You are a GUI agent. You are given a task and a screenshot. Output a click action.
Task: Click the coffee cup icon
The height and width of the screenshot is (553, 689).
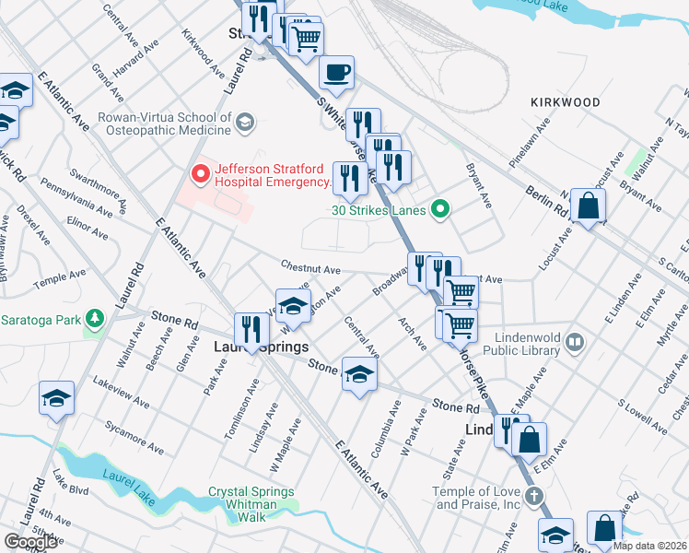pos(336,71)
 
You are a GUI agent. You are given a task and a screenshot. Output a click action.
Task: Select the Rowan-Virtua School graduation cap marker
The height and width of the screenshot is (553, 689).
pos(245,121)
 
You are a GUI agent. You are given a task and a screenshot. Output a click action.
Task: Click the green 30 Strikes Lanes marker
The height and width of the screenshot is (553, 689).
pos(440,210)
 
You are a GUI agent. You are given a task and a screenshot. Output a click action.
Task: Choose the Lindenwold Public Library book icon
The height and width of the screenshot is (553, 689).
pos(575,343)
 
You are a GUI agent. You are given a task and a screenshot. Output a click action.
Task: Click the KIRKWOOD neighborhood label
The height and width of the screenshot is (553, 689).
pos(566,102)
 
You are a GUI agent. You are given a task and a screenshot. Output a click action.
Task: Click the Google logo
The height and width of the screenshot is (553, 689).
pos(30,541)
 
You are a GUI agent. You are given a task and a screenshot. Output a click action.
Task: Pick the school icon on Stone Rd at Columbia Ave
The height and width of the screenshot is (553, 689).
pos(359,372)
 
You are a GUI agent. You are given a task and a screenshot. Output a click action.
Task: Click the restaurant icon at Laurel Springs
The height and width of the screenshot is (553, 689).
pos(250,328)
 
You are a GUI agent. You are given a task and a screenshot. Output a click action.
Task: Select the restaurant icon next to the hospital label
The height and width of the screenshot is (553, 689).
pos(347,178)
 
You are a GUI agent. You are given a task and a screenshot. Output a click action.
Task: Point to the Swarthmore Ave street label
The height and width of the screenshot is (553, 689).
pos(98,182)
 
